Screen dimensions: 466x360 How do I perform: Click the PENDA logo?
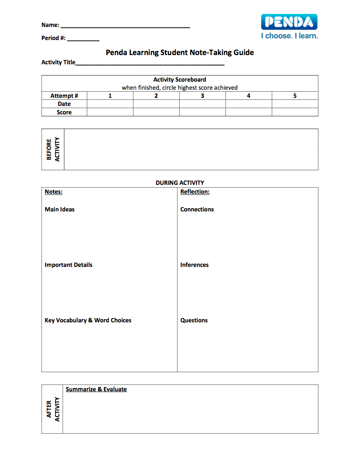pyautogui.click(x=289, y=22)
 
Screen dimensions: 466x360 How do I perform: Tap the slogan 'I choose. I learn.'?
pyautogui.click(x=289, y=36)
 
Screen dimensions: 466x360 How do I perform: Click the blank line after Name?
pyautogui.click(x=125, y=26)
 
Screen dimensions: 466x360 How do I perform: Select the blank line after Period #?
pyautogui.click(x=83, y=39)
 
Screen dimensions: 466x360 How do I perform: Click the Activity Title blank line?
pyautogui.click(x=150, y=64)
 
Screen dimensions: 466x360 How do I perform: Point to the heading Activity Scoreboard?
pyautogui.click(x=180, y=80)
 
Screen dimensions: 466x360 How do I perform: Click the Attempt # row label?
pyautogui.click(x=64, y=96)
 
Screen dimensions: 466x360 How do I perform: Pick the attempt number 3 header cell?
pyautogui.click(x=202, y=96)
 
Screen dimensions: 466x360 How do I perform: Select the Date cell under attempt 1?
pyautogui.click(x=110, y=104)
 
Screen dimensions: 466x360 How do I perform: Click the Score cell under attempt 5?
pyautogui.click(x=295, y=112)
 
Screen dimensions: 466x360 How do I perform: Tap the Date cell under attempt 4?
pyautogui.click(x=249, y=104)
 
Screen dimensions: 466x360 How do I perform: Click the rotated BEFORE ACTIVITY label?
pyautogui.click(x=53, y=149)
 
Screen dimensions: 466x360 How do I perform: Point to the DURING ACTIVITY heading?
pyautogui.click(x=180, y=183)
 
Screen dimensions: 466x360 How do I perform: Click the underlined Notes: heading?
pyautogui.click(x=54, y=192)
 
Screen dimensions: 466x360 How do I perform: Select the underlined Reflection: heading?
pyautogui.click(x=195, y=192)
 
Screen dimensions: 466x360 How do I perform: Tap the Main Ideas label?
pyautogui.click(x=60, y=210)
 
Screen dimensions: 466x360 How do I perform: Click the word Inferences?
pyautogui.click(x=194, y=265)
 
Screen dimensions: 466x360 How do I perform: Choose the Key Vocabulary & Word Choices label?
pyautogui.click(x=88, y=320)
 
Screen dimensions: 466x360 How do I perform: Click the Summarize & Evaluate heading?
pyautogui.click(x=96, y=389)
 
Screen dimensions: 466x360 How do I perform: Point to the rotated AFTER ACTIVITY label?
pyautogui.click(x=53, y=409)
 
